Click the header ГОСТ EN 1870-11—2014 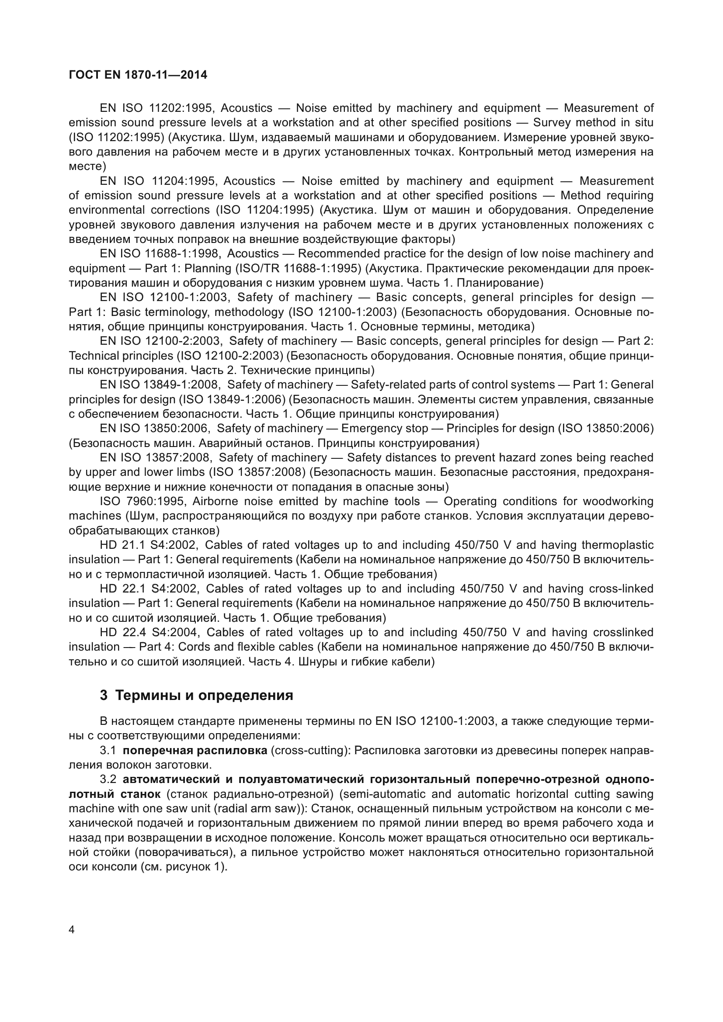(138, 75)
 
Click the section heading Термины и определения (204, 695)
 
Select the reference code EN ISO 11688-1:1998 (159, 254)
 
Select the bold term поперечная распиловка (195, 751)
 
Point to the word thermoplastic (618, 545)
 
